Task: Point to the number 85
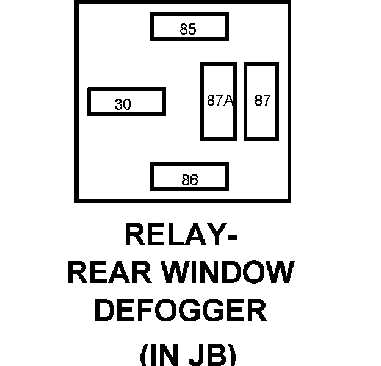pyautogui.click(x=188, y=29)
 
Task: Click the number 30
pyautogui.click(x=123, y=105)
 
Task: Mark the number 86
pyautogui.click(x=190, y=181)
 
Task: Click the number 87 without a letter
pyautogui.click(x=263, y=101)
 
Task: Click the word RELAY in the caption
pyautogui.click(x=172, y=235)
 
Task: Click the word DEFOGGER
pyautogui.click(x=181, y=310)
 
